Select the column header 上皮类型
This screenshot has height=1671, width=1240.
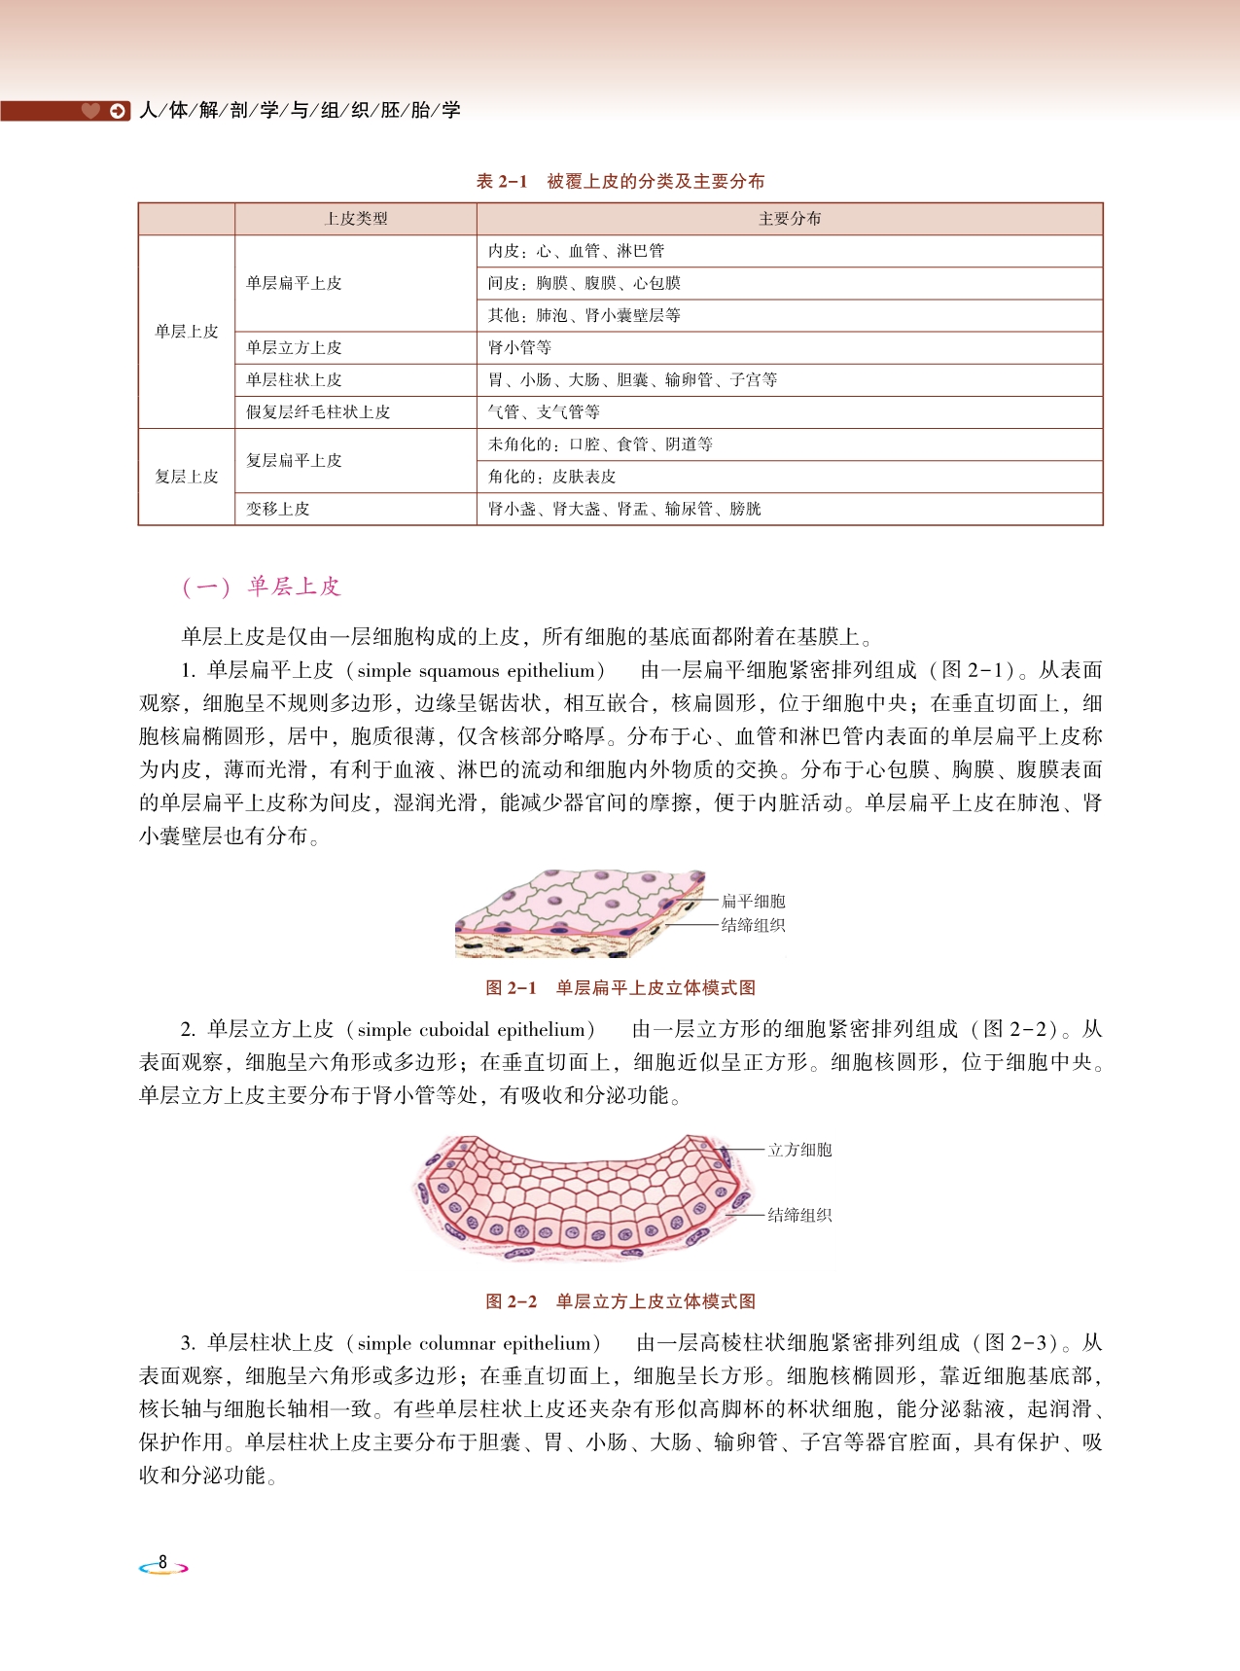click(x=355, y=219)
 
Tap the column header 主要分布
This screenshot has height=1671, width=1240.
click(x=789, y=219)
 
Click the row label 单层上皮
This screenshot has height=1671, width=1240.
click(x=186, y=332)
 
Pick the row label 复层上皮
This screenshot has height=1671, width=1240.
click(x=186, y=477)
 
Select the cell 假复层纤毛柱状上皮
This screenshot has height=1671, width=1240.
click(x=318, y=412)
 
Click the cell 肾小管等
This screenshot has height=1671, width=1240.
click(x=519, y=347)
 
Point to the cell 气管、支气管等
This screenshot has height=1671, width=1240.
click(x=544, y=412)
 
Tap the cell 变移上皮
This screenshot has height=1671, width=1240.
click(x=277, y=509)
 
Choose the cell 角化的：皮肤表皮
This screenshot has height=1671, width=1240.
click(x=551, y=477)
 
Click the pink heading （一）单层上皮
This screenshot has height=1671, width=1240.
click(x=261, y=587)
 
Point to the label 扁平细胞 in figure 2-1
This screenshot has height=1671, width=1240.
click(x=753, y=902)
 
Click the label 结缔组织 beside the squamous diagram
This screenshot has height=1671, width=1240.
click(x=753, y=925)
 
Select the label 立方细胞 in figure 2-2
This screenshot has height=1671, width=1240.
click(x=799, y=1150)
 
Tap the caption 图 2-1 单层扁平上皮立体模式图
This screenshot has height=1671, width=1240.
click(x=620, y=988)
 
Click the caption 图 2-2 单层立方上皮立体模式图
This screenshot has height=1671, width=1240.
click(x=620, y=1301)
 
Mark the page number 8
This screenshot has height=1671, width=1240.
click(x=162, y=1563)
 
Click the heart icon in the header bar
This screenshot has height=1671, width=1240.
click(x=90, y=111)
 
